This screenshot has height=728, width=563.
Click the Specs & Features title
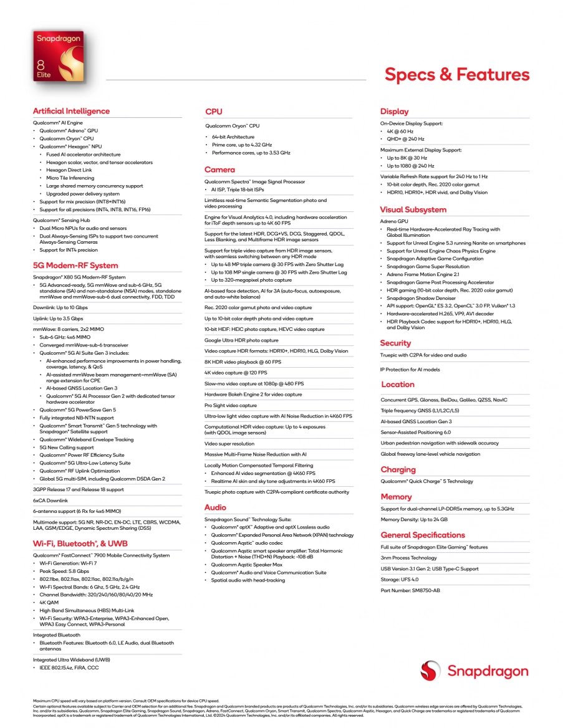click(x=457, y=75)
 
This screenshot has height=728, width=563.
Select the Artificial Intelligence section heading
click(x=71, y=111)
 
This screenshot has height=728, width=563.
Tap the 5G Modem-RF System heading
click(x=75, y=265)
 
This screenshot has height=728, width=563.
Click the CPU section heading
click(x=214, y=112)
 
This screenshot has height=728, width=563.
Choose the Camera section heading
click(x=220, y=170)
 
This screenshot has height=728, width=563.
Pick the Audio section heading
click(x=216, y=507)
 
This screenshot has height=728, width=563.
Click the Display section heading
click(x=395, y=112)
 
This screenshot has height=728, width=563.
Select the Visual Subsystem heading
click(x=413, y=209)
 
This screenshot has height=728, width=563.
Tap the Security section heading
click(x=396, y=343)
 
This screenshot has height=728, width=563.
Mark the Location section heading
click(x=398, y=385)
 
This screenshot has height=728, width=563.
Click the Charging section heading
click(x=398, y=469)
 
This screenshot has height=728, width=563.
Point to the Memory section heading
click(x=397, y=497)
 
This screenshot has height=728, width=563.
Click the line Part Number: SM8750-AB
click(x=410, y=590)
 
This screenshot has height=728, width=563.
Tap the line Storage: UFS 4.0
click(x=400, y=579)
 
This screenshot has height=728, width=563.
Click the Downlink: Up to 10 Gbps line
click(x=60, y=308)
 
